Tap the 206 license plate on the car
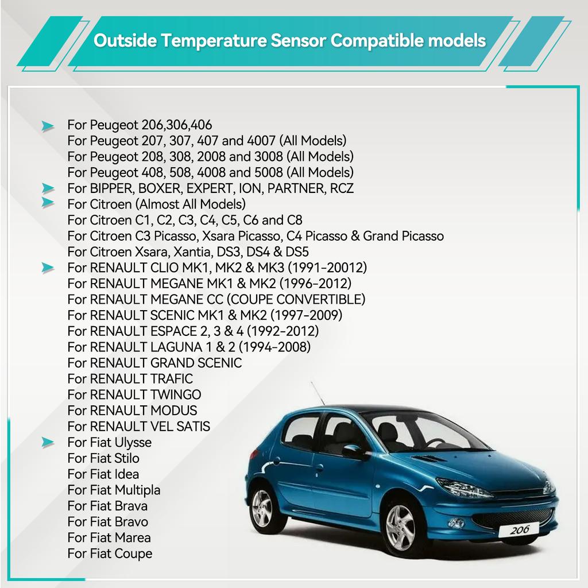click(519, 529)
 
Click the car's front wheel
click(400, 527)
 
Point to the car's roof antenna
click(317, 394)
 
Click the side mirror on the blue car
click(353, 451)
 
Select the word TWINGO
click(176, 395)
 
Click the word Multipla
click(137, 490)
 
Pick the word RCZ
click(342, 188)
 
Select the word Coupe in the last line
click(133, 554)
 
